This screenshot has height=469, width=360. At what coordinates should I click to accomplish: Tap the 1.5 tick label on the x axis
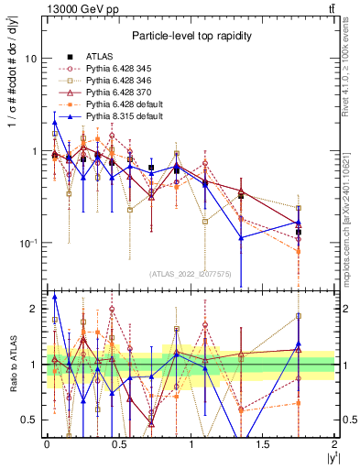pyautogui.click(x=263, y=445)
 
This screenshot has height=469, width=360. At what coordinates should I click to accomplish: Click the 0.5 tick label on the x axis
pyautogui.click(x=118, y=445)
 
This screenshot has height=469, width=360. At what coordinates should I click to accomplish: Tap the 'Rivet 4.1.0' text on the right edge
pyautogui.click(x=345, y=69)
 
